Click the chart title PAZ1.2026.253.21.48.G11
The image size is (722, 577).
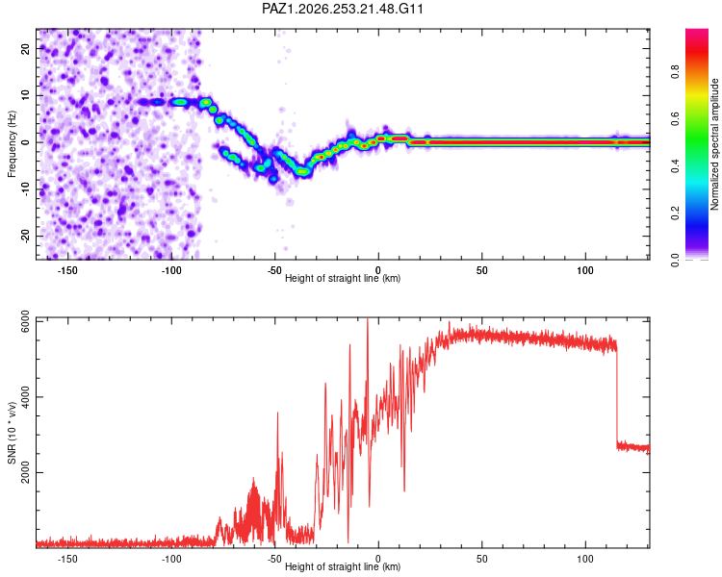click(342, 9)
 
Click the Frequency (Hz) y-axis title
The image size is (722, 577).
click(12, 144)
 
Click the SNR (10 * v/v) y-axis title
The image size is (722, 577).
click(12, 433)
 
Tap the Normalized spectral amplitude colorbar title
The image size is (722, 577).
click(714, 144)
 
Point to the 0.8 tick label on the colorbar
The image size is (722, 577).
click(675, 72)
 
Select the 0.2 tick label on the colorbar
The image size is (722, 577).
click(675, 213)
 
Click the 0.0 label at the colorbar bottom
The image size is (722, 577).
click(675, 261)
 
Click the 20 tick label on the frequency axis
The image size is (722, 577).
click(25, 49)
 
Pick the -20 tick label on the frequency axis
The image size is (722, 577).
click(25, 237)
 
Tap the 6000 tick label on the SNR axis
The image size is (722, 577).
click(25, 321)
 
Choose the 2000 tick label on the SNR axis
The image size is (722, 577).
click(25, 472)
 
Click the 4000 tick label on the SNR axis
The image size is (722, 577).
click(25, 396)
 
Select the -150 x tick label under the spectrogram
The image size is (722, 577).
click(67, 270)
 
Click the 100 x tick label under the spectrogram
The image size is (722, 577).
click(585, 270)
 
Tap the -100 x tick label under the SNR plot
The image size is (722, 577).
click(170, 559)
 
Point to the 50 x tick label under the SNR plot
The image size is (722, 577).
click(481, 559)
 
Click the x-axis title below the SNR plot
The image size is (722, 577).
click(343, 566)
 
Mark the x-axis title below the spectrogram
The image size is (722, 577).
click(343, 278)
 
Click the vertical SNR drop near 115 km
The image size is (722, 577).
click(617, 395)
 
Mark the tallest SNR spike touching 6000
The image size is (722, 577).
click(368, 414)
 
